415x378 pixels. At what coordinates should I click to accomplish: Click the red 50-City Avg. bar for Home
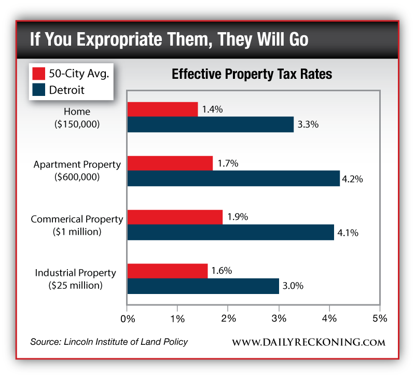coord(162,109)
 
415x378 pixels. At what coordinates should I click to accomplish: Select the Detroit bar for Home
coord(210,125)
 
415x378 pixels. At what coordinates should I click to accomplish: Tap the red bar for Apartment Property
coord(170,163)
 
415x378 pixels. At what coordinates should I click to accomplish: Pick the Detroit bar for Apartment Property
coord(233,178)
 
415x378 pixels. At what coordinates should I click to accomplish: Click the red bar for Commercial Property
coord(175,217)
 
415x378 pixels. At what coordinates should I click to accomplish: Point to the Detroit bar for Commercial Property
coord(230,232)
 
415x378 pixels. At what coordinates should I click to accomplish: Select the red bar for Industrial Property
coord(168,271)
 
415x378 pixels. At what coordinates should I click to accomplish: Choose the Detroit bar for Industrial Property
coord(203,286)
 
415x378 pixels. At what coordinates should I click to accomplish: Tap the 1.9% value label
coord(238,217)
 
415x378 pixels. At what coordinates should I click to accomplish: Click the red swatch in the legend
coord(39,73)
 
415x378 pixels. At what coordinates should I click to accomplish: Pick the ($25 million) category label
coord(76,285)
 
